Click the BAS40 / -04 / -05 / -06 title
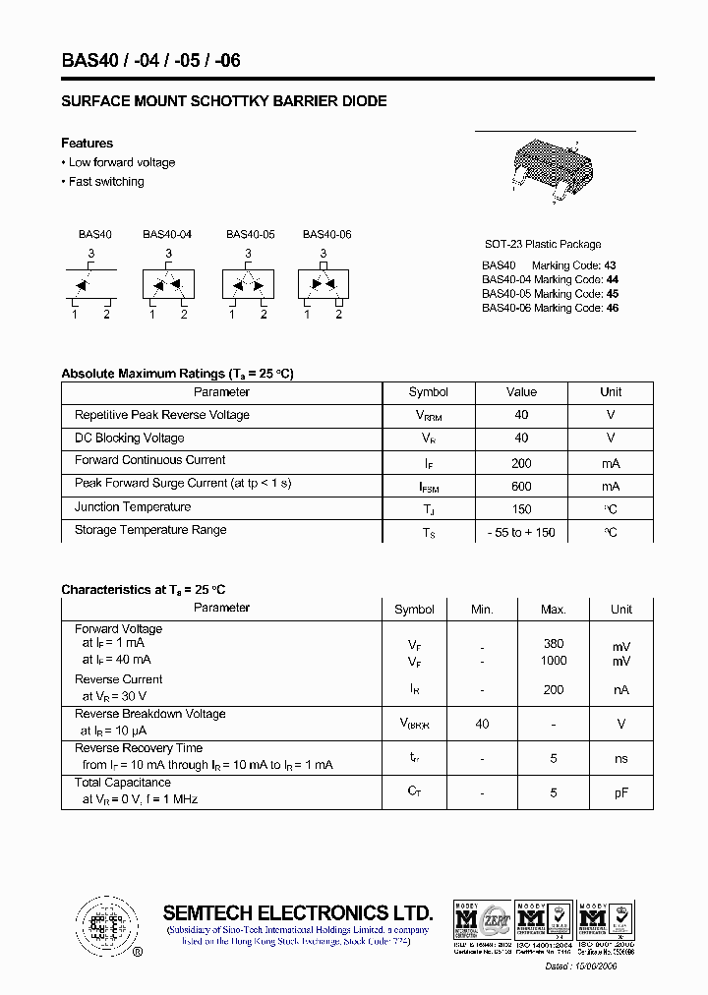(150, 60)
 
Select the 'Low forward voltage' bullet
(121, 162)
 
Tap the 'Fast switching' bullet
(105, 182)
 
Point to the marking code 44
(612, 279)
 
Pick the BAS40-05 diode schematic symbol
(248, 285)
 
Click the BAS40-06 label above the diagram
(326, 235)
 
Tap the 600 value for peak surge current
(521, 486)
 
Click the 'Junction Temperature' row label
(133, 507)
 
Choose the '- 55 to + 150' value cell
(521, 532)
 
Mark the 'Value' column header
(521, 392)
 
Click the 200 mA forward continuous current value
(521, 463)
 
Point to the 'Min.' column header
(482, 610)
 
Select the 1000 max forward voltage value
(554, 661)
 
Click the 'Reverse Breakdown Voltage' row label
(149, 714)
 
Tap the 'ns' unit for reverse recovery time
(620, 759)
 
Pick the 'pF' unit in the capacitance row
(620, 792)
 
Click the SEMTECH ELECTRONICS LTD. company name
(297, 911)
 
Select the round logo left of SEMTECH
(104, 925)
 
